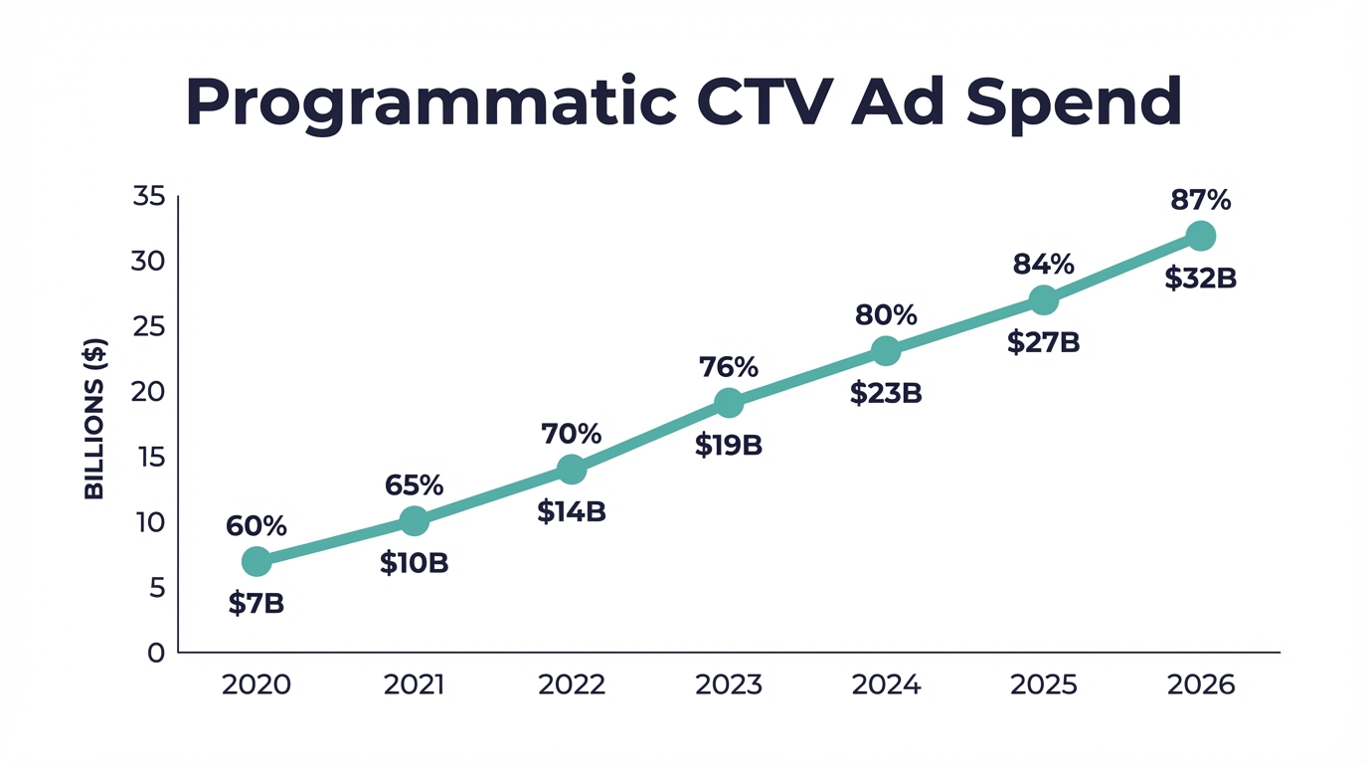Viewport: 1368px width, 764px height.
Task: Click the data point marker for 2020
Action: coord(256,561)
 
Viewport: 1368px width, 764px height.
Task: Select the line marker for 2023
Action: coord(729,403)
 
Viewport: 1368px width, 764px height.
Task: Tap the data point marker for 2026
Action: coord(1201,236)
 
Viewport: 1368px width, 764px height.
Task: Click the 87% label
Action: coord(1201,200)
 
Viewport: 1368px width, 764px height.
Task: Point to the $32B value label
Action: coord(1201,279)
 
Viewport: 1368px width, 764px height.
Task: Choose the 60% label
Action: coord(256,525)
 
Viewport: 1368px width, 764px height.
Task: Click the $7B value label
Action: coord(256,603)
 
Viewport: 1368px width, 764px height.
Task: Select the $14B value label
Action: coord(572,511)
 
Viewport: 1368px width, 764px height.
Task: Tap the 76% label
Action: coord(729,367)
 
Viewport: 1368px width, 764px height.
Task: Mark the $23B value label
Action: coord(886,394)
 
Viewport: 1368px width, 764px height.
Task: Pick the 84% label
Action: coord(1044,265)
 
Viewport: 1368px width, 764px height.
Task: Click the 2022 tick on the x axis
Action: coord(572,685)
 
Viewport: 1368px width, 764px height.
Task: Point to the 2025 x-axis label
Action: coord(1044,685)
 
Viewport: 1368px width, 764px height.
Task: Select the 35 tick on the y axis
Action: coord(148,196)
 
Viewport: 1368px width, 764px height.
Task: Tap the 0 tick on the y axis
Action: coord(156,653)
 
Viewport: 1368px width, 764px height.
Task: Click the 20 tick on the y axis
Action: coord(148,392)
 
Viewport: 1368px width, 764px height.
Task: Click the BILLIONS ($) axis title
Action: coord(94,419)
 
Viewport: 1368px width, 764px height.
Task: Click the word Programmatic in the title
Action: coord(426,102)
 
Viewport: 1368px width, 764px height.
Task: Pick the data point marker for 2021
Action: coord(415,520)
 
